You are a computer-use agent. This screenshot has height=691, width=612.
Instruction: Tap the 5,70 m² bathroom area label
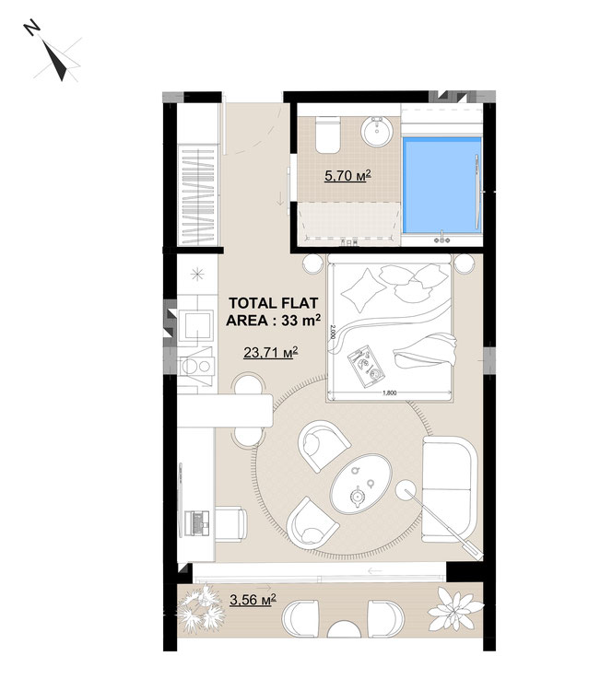(x=347, y=176)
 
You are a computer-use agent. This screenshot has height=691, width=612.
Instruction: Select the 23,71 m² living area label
(x=271, y=352)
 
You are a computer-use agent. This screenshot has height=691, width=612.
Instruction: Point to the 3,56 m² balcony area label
(x=253, y=599)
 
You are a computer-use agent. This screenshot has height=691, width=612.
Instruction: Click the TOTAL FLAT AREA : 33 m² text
(x=273, y=311)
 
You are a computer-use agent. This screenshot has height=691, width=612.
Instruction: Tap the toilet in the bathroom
(x=327, y=135)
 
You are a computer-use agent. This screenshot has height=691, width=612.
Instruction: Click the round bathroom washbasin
(x=377, y=131)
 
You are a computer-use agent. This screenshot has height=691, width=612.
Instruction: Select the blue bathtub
(x=441, y=184)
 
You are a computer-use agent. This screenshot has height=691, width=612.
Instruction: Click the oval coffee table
(x=361, y=484)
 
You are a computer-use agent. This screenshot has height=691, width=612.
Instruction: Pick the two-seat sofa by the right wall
(x=449, y=489)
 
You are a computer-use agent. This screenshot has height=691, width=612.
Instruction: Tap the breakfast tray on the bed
(x=366, y=366)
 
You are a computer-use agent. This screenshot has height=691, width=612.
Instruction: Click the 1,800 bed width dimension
(x=388, y=393)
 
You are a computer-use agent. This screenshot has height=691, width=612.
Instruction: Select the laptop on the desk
(x=196, y=523)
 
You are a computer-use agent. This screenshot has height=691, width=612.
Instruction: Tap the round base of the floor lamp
(x=406, y=490)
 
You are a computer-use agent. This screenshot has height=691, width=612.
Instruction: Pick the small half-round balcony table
(x=344, y=629)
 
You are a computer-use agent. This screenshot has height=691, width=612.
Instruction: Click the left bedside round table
(x=313, y=264)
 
